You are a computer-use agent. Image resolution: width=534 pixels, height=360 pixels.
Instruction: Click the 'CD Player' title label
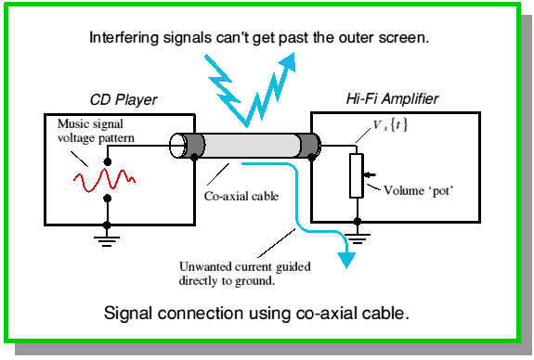[x=124, y=99]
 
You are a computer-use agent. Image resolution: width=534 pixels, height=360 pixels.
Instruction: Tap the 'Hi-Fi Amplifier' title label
[x=392, y=98]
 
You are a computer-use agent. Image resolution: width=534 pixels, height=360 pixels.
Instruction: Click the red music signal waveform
[x=105, y=179]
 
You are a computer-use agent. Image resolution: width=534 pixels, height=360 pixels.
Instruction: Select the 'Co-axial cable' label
[x=241, y=196]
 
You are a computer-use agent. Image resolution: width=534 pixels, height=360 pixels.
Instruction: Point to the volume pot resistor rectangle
[x=357, y=175]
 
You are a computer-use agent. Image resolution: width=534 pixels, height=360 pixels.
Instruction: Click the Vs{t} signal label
[x=390, y=125]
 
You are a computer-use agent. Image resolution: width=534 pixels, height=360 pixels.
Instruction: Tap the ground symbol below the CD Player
[x=107, y=241]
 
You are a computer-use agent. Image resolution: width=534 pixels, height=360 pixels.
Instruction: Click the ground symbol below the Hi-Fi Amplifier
[x=358, y=238]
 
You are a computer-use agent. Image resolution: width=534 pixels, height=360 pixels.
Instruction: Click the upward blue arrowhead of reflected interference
[x=288, y=62]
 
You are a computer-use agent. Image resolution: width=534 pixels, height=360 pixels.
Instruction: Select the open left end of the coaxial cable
[x=177, y=146]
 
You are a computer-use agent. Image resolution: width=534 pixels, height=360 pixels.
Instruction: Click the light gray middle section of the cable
[x=252, y=146]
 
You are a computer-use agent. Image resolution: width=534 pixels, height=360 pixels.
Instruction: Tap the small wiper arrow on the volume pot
[x=370, y=174]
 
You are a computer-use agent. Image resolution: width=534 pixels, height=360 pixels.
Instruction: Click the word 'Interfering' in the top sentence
[x=124, y=37]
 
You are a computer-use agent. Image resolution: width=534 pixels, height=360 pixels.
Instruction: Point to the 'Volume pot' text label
[x=419, y=190]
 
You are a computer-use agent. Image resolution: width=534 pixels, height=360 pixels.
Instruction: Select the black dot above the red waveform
[x=108, y=161]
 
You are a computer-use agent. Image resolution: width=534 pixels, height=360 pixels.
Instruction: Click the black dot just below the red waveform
[x=108, y=198]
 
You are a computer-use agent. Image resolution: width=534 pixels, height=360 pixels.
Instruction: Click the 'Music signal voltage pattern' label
[x=96, y=131]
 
